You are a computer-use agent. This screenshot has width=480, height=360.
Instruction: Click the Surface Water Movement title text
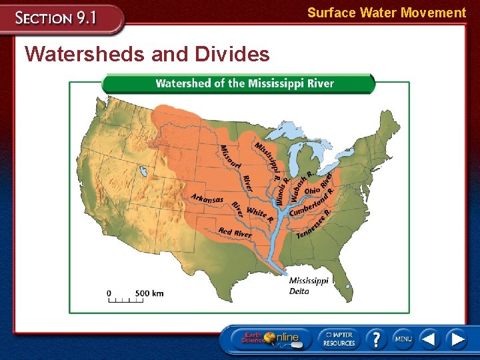click(386, 13)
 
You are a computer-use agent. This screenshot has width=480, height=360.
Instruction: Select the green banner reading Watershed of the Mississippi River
click(244, 83)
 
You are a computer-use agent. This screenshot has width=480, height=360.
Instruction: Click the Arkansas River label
click(207, 199)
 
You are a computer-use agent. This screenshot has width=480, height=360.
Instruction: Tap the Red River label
click(235, 233)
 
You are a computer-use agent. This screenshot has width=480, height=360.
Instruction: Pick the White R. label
click(259, 214)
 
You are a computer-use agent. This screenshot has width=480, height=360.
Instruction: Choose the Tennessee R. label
click(314, 224)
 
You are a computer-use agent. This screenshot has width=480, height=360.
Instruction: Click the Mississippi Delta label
click(308, 285)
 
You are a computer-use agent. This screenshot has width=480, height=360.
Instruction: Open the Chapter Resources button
click(339, 339)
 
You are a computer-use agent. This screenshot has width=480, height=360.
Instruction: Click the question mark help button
click(375, 338)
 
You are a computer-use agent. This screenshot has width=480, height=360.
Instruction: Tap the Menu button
click(403, 339)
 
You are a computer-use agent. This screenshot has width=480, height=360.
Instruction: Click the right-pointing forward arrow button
click(456, 339)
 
